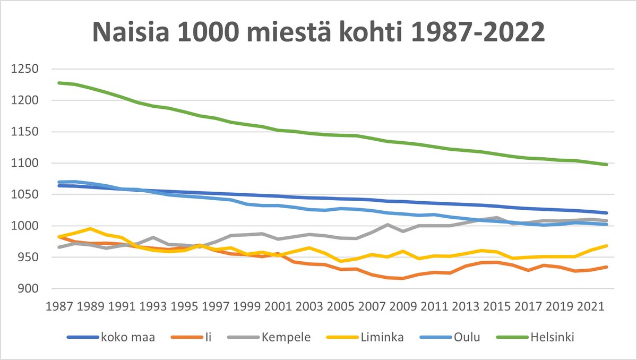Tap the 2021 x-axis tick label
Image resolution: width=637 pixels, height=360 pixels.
[x=590, y=307]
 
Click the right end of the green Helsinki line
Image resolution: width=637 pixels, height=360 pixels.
[x=606, y=165]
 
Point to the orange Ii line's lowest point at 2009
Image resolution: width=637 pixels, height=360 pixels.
[x=403, y=278]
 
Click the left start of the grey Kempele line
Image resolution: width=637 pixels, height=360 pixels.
[x=58, y=247]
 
